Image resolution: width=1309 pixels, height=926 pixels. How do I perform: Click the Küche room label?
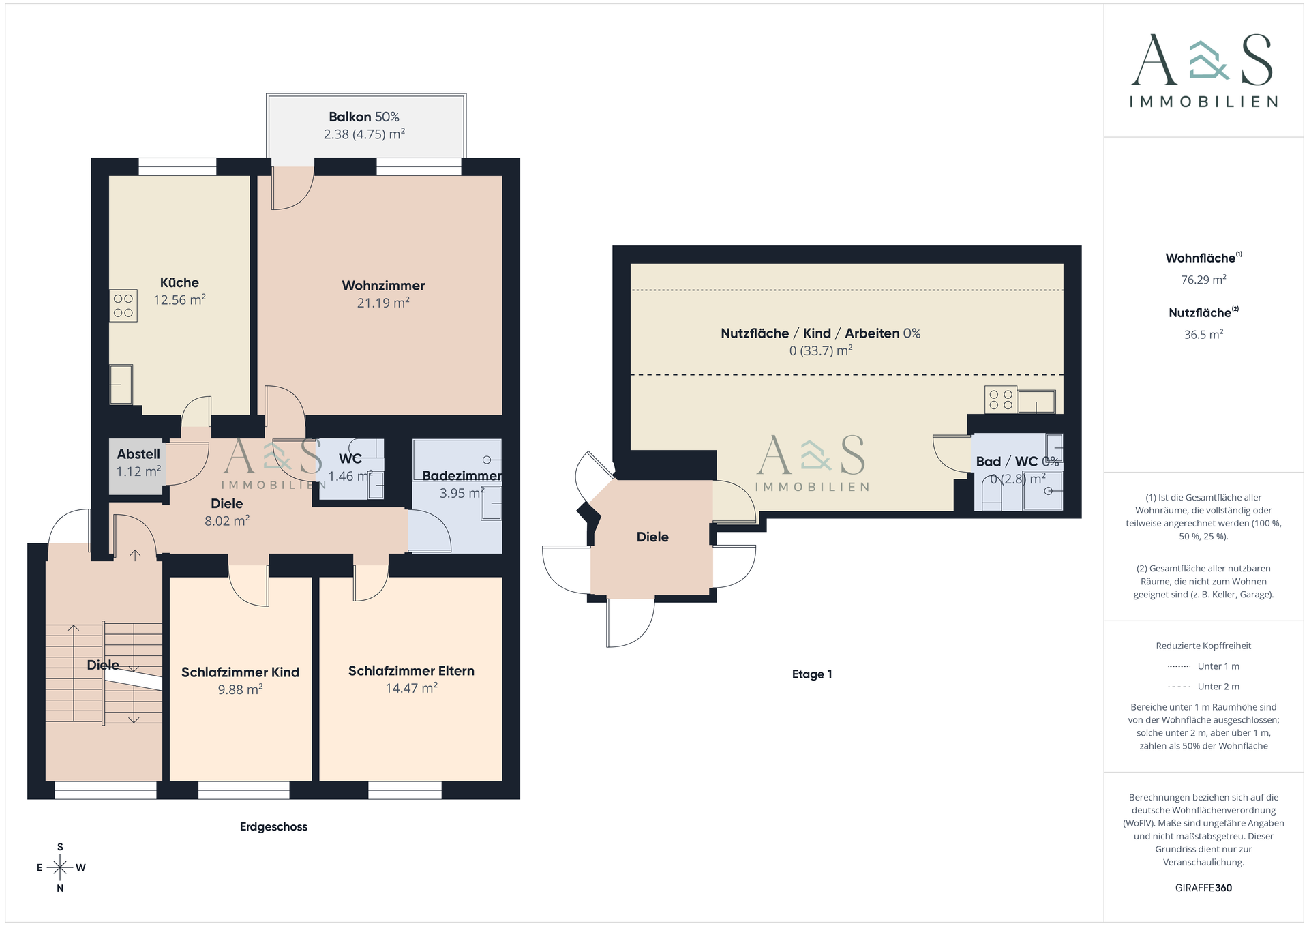tap(179, 282)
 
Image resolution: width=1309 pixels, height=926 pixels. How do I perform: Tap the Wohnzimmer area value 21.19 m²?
tap(383, 303)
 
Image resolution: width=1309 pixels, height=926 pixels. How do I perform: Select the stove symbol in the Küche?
tap(123, 305)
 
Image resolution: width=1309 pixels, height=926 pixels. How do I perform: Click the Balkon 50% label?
tap(364, 117)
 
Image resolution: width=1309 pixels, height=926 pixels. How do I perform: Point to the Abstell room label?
tap(138, 454)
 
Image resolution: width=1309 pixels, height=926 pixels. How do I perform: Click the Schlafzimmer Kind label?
tap(240, 672)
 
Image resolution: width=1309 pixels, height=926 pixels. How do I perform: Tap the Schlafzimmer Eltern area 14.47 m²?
tap(411, 688)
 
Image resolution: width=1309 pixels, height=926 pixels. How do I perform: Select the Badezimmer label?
tap(462, 476)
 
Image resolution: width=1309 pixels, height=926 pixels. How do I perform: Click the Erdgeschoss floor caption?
tap(273, 827)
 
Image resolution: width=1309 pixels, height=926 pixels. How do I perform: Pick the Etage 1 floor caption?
tap(812, 674)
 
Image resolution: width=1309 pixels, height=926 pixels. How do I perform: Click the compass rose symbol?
tap(61, 867)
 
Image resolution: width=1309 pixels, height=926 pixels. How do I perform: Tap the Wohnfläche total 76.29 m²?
tap(1203, 280)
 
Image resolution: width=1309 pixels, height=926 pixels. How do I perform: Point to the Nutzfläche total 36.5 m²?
tap(1203, 335)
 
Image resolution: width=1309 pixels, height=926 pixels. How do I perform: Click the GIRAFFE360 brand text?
tap(1203, 888)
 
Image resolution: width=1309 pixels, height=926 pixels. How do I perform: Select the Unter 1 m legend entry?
tap(1203, 666)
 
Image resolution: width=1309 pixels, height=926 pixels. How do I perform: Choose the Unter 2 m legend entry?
tap(1203, 687)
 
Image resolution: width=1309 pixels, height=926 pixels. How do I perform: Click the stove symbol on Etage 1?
tap(1000, 400)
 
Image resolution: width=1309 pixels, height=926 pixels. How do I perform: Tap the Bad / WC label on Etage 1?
tap(1007, 462)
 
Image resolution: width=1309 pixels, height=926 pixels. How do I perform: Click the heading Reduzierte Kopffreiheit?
tap(1203, 646)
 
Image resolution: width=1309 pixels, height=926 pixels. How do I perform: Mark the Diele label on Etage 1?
tap(652, 537)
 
